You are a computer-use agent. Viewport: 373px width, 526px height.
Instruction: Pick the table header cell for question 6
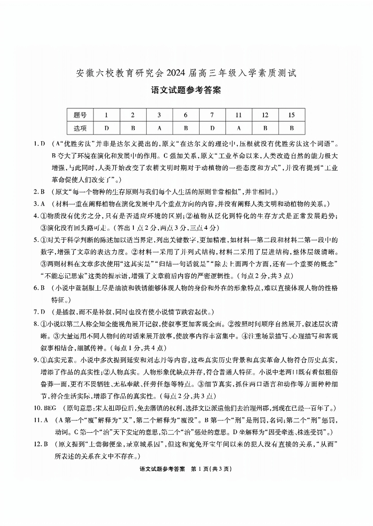tap(186, 115)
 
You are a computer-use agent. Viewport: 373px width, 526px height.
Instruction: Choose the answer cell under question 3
tap(159, 128)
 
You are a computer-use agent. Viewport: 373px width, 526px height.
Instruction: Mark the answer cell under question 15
tap(291, 128)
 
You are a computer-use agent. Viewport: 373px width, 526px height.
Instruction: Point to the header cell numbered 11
tap(239, 115)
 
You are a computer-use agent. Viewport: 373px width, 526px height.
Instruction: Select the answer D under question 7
tap(212, 128)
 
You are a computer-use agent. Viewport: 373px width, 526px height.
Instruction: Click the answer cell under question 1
tap(107, 128)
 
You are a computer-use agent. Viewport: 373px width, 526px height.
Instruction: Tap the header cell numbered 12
tap(265, 115)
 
